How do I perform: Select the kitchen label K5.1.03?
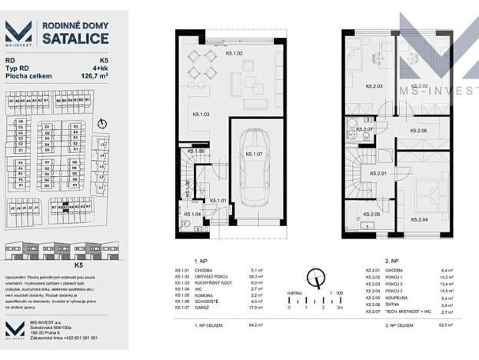pyautogui.click(x=201, y=115)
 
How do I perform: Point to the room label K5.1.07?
pyautogui.click(x=254, y=154)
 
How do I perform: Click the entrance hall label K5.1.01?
pyautogui.click(x=217, y=200)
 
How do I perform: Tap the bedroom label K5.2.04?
pyautogui.click(x=420, y=220)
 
